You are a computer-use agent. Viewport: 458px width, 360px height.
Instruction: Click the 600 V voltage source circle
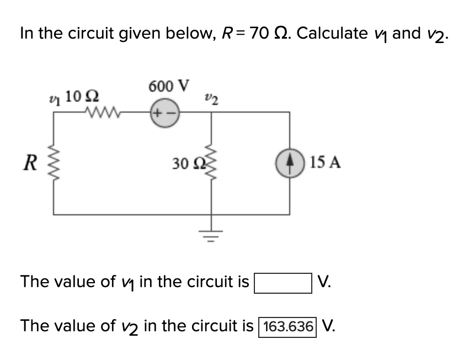(x=163, y=112)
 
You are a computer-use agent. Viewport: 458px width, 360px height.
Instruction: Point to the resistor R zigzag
(x=54, y=162)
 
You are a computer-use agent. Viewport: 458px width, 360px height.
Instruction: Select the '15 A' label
(x=325, y=162)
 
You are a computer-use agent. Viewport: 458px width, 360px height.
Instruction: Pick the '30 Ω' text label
(x=184, y=163)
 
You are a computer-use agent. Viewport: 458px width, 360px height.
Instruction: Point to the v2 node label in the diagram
(x=210, y=99)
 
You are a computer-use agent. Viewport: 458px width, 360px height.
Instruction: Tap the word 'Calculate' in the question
(x=335, y=34)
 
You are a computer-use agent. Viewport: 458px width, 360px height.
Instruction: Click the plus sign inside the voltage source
(x=158, y=113)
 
